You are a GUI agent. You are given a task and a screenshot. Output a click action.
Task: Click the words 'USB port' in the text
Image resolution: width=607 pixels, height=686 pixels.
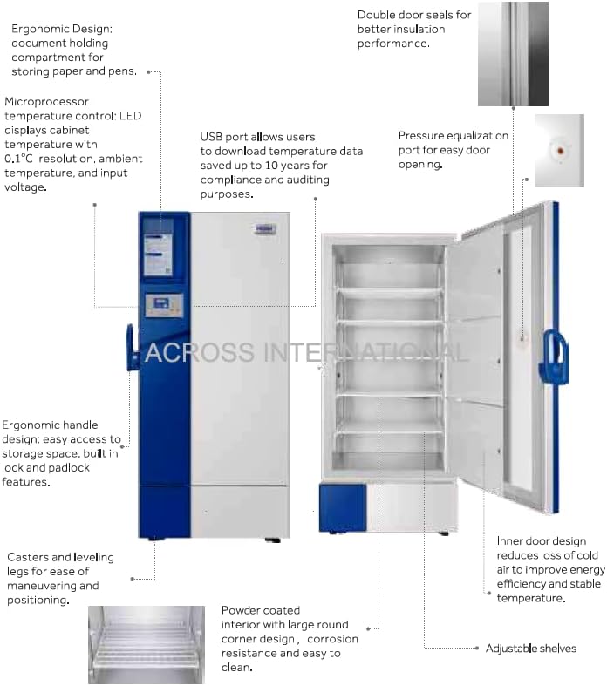pyautogui.click(x=224, y=137)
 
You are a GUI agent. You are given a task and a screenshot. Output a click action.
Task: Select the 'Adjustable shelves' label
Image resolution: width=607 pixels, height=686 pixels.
pyautogui.click(x=531, y=648)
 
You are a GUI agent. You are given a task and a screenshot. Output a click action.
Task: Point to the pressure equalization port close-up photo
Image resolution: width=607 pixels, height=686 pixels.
pyautogui.click(x=558, y=151)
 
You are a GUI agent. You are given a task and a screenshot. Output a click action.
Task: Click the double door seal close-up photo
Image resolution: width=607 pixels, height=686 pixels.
pyautogui.click(x=513, y=53)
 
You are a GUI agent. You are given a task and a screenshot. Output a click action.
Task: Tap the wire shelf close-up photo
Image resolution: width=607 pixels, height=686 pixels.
pyautogui.click(x=146, y=644)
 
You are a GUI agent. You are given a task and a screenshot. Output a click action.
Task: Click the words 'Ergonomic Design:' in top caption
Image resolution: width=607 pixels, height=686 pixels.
pyautogui.click(x=62, y=29)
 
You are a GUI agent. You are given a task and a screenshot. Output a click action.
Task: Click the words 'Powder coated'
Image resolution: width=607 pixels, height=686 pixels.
pyautogui.click(x=260, y=610)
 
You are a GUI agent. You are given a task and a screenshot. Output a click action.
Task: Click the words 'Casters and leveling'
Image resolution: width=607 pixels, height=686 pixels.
pyautogui.click(x=60, y=557)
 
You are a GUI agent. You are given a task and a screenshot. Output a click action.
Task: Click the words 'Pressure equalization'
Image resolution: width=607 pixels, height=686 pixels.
pyautogui.click(x=454, y=136)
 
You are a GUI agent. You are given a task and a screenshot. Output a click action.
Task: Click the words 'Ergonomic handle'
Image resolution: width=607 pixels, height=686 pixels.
pyautogui.click(x=50, y=425)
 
